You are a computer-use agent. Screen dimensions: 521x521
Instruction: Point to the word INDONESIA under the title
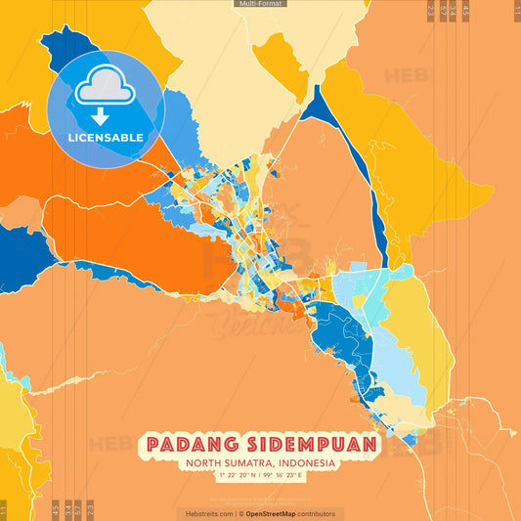click(x=304, y=463)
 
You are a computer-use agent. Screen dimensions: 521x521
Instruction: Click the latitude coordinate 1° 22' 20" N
click(x=224, y=476)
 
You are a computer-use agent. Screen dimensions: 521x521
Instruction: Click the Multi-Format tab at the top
click(x=260, y=4)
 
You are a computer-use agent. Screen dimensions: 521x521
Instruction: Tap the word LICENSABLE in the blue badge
click(x=106, y=137)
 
